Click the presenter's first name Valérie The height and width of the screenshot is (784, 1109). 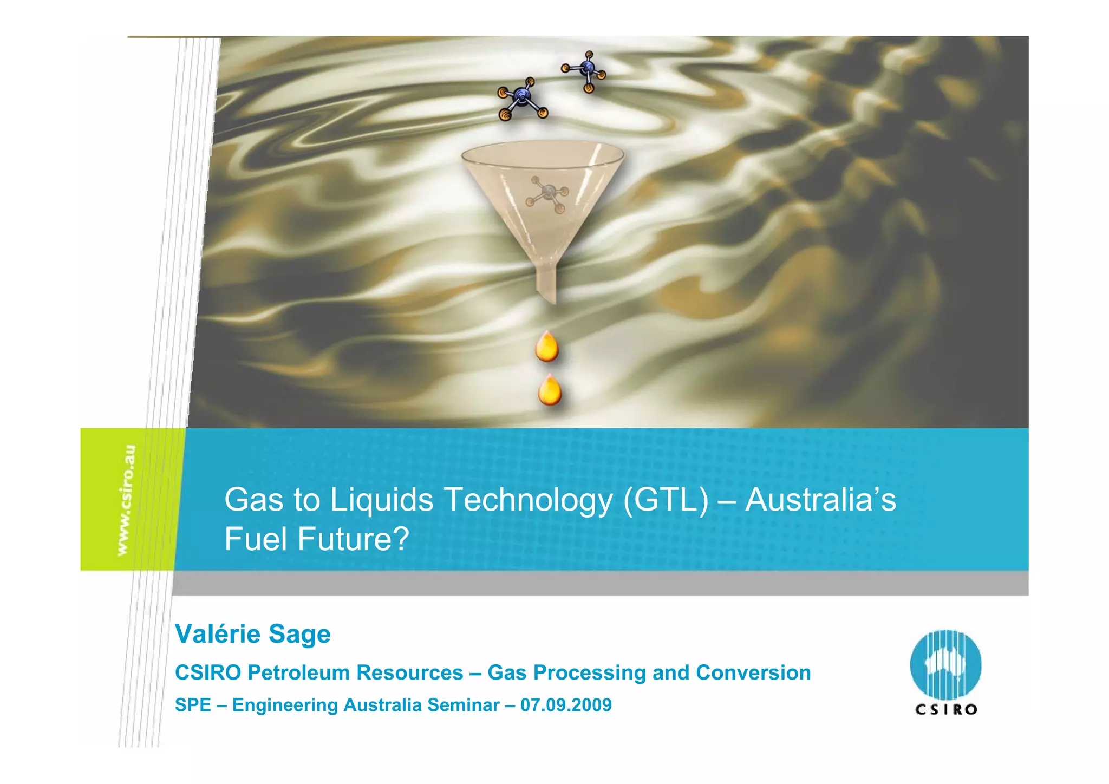(x=217, y=634)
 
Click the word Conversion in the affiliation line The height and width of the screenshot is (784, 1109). (x=753, y=672)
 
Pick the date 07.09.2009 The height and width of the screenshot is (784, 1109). (x=566, y=705)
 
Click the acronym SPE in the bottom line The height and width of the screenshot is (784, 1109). (x=193, y=705)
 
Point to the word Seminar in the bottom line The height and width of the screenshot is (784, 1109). (x=464, y=705)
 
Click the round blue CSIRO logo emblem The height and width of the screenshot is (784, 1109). (x=945, y=664)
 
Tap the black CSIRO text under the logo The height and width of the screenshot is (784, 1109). (x=946, y=709)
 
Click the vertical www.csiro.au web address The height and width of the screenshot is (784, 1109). (x=126, y=500)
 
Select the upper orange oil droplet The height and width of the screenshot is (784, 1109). (x=547, y=347)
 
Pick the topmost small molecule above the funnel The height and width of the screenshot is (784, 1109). (x=585, y=70)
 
